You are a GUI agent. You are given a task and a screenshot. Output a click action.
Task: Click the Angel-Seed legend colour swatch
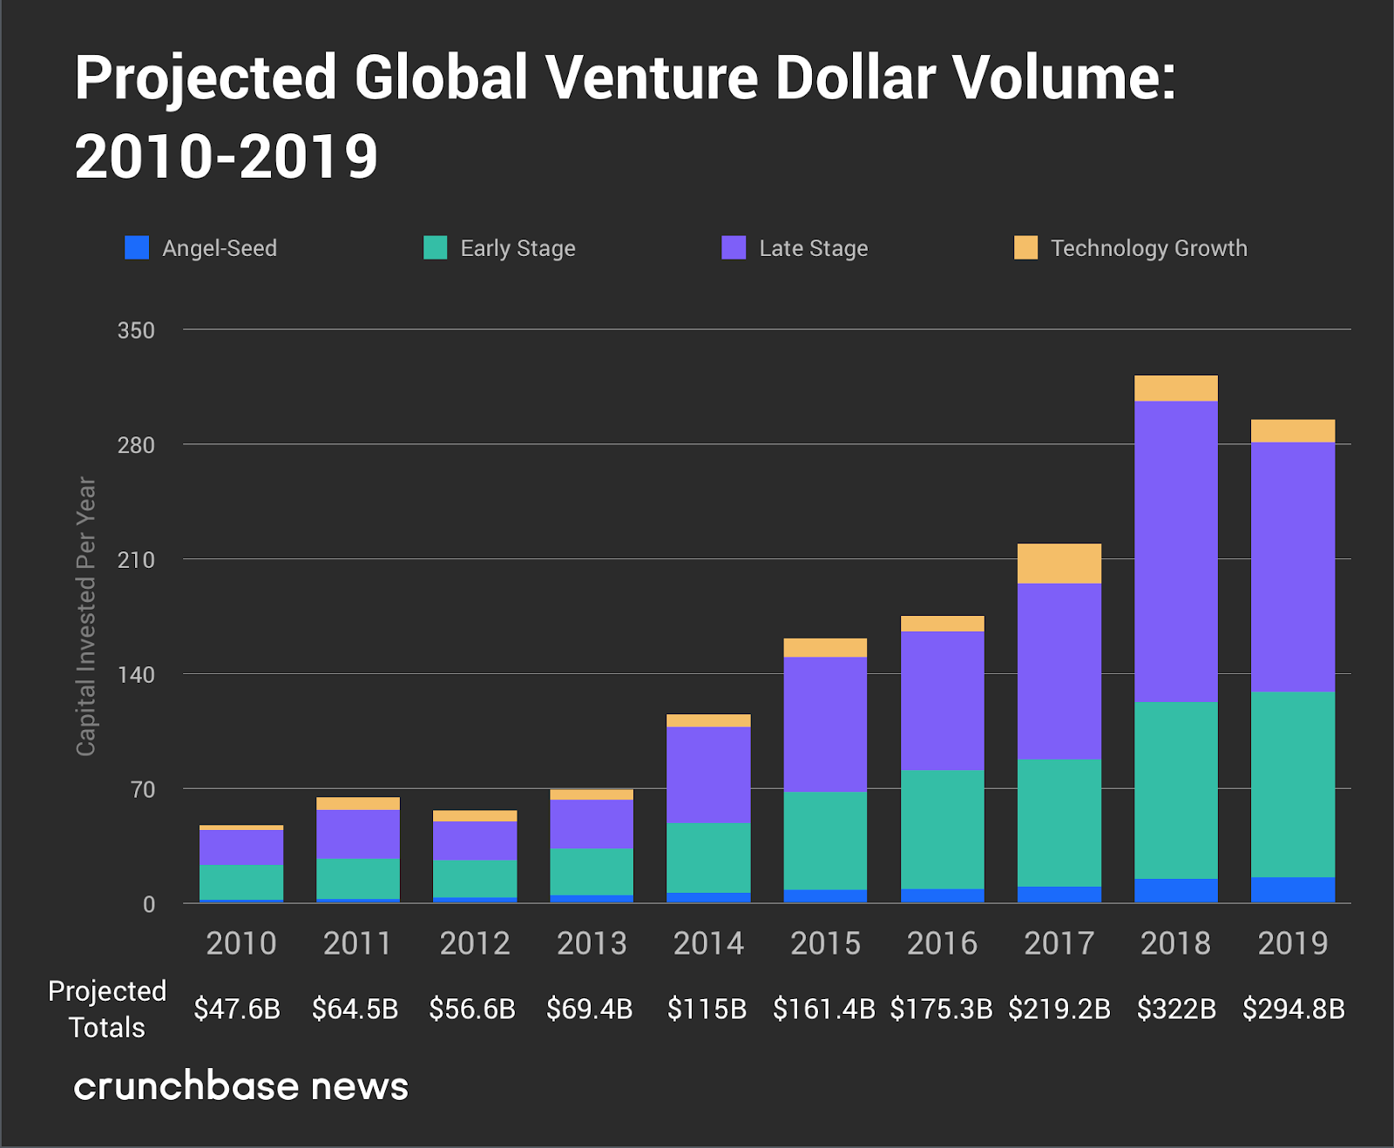tap(137, 248)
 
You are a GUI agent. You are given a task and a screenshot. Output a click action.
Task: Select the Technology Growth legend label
tap(1148, 248)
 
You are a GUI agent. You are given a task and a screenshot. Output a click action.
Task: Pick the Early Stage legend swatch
tap(435, 248)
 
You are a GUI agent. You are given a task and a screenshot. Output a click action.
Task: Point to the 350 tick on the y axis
tap(136, 331)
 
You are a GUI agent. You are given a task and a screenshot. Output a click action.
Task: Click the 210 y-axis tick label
tap(136, 560)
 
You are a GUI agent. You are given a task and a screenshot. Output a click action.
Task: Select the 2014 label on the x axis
tap(708, 943)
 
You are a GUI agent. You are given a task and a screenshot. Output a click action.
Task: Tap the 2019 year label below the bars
tap(1293, 943)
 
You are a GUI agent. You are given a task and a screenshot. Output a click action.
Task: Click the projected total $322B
tap(1176, 1009)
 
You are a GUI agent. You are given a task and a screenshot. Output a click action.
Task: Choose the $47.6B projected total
tap(237, 1009)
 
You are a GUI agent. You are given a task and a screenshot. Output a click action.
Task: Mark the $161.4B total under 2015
tap(824, 1009)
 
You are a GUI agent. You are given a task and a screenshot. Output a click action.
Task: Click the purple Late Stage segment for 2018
tap(1176, 550)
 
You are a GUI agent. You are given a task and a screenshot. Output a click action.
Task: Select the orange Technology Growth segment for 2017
tap(1059, 564)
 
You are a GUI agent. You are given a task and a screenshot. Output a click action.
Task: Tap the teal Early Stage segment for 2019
tap(1293, 784)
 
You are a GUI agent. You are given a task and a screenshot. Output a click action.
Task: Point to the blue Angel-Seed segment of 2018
tap(1176, 890)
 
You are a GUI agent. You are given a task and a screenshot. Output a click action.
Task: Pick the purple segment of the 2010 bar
tap(241, 847)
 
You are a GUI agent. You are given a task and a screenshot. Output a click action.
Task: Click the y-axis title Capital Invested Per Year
tap(85, 616)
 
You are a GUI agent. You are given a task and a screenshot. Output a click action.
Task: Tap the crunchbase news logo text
tap(240, 1086)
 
